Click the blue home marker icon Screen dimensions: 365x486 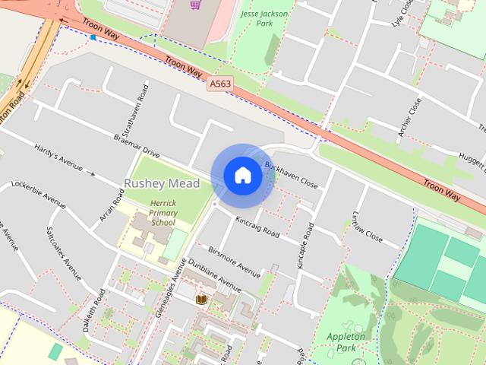point(242,175)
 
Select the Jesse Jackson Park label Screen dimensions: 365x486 point(255,19)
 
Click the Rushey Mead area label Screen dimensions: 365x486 point(162,183)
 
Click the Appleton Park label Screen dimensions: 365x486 point(346,341)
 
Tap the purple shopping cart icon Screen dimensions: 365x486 point(196,5)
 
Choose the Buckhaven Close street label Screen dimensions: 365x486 point(291,174)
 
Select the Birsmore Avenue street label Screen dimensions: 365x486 point(234,259)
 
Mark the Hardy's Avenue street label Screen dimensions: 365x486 point(58,159)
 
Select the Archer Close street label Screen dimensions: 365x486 point(409,119)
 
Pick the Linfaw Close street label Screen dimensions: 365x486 point(368,227)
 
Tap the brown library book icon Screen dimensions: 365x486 point(201,300)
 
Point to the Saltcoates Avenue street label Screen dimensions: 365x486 point(63,253)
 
